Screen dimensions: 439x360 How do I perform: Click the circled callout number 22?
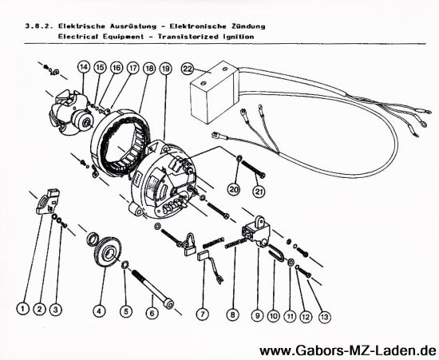[x=188, y=69]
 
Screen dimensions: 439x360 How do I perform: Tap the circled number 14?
[x=84, y=67]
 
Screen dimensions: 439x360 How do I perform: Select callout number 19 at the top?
[x=165, y=69]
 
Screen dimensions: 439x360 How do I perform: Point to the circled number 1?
[x=23, y=309]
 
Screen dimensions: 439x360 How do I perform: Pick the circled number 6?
[x=152, y=313]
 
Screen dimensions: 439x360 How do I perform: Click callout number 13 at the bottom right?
[x=324, y=317]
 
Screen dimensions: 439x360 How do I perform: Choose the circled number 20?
[x=234, y=190]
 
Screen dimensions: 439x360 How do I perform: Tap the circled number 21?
[x=259, y=192]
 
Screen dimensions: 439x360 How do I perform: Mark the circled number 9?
[x=257, y=316]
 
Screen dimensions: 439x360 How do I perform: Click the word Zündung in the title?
[x=248, y=26]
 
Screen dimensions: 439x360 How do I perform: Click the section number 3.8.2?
[x=38, y=26]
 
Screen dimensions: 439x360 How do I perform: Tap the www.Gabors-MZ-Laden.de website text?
[x=348, y=350]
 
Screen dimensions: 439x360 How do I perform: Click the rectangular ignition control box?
[x=214, y=92]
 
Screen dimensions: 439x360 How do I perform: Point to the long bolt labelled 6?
[x=152, y=289]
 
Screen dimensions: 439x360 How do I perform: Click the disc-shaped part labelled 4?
[x=108, y=252]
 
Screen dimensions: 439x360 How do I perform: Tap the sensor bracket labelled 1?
[x=49, y=201]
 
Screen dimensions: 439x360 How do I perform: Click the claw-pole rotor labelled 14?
[x=71, y=113]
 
